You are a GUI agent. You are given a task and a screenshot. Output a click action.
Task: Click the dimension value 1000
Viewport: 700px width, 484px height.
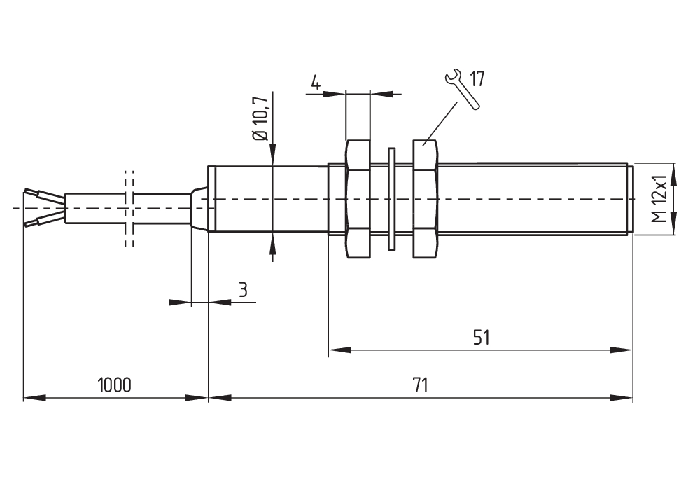pos(115,385)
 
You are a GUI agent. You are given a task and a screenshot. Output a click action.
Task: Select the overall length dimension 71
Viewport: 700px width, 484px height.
pos(421,385)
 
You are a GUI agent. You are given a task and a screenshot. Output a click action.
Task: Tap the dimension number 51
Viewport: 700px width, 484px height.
pos(482,338)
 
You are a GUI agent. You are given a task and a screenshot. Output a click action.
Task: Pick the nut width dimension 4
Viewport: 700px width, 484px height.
pos(316,83)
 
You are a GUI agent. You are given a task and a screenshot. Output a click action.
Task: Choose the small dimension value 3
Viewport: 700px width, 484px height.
pos(243,289)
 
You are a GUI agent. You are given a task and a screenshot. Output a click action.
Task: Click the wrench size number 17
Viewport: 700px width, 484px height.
pos(477,78)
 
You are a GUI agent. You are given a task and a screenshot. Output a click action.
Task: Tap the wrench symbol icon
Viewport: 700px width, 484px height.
pos(461,88)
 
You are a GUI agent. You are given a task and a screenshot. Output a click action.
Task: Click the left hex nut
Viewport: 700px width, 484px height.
pos(358,199)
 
